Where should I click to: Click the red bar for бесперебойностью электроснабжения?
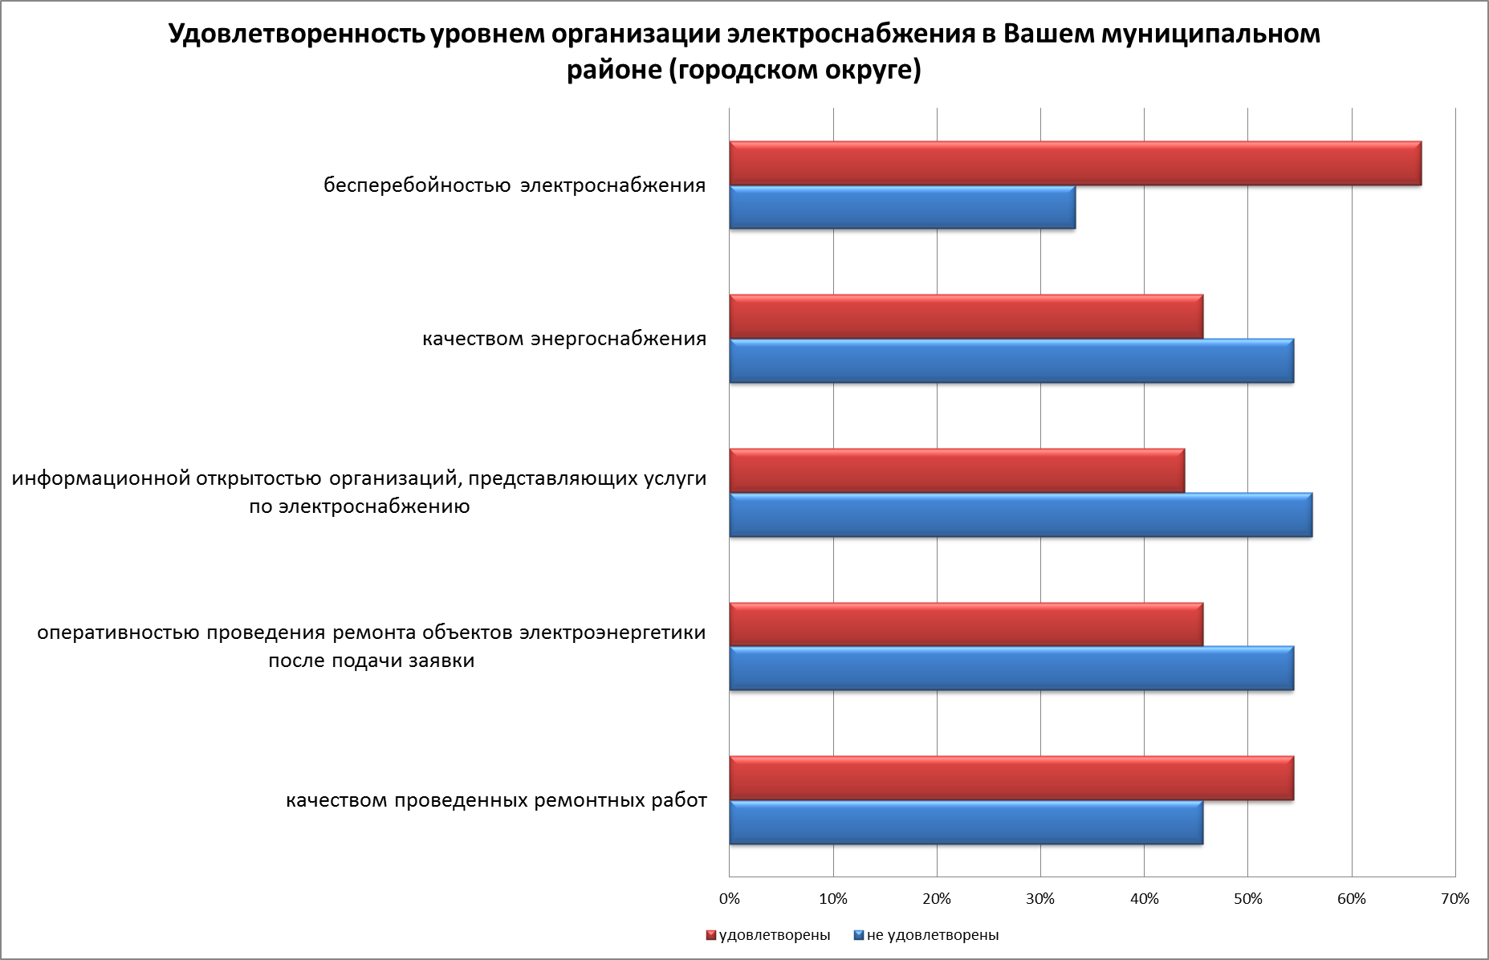[1075, 164]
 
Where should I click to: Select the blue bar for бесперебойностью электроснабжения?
[902, 207]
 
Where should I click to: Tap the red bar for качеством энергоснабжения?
[966, 317]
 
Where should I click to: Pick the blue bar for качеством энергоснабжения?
[1011, 360]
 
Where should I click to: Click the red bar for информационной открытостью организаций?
[957, 470]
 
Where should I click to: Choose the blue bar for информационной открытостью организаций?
[1020, 515]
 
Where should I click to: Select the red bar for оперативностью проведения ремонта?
[966, 624]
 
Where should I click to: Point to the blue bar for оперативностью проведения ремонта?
[1011, 668]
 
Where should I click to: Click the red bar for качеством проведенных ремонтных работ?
[1011, 778]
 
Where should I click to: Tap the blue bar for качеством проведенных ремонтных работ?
[966, 822]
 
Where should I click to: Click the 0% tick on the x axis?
[730, 899]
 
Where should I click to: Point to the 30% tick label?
[1040, 899]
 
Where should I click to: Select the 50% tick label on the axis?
[1247, 899]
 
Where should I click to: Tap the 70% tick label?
[1455, 899]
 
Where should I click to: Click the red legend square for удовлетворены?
[710, 935]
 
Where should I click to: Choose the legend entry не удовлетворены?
[932, 935]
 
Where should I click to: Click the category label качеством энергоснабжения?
[564, 338]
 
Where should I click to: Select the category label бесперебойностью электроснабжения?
[515, 185]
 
